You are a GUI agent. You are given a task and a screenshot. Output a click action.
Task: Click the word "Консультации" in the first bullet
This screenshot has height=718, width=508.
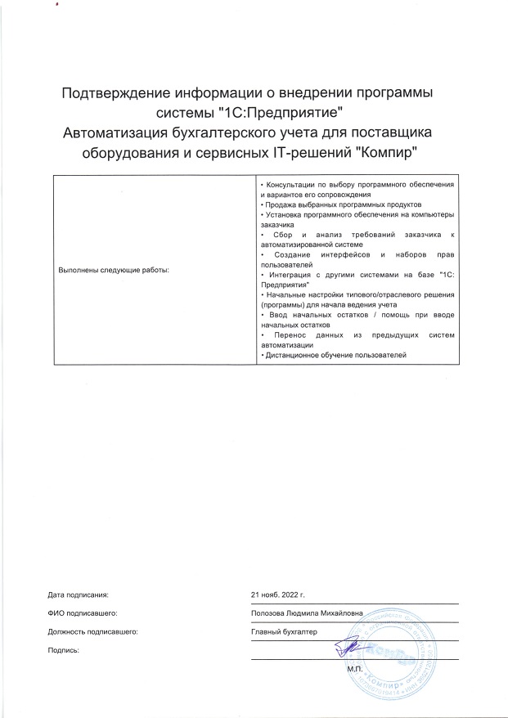click(x=285, y=186)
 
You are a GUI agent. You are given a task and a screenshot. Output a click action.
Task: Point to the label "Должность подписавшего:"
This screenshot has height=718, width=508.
click(x=92, y=631)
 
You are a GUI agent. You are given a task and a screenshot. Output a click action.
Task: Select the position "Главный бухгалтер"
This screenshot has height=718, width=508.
click(x=285, y=631)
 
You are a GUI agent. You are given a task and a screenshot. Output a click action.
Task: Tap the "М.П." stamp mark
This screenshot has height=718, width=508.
click(x=354, y=668)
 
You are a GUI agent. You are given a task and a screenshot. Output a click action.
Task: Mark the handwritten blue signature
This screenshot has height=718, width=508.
click(x=348, y=648)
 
